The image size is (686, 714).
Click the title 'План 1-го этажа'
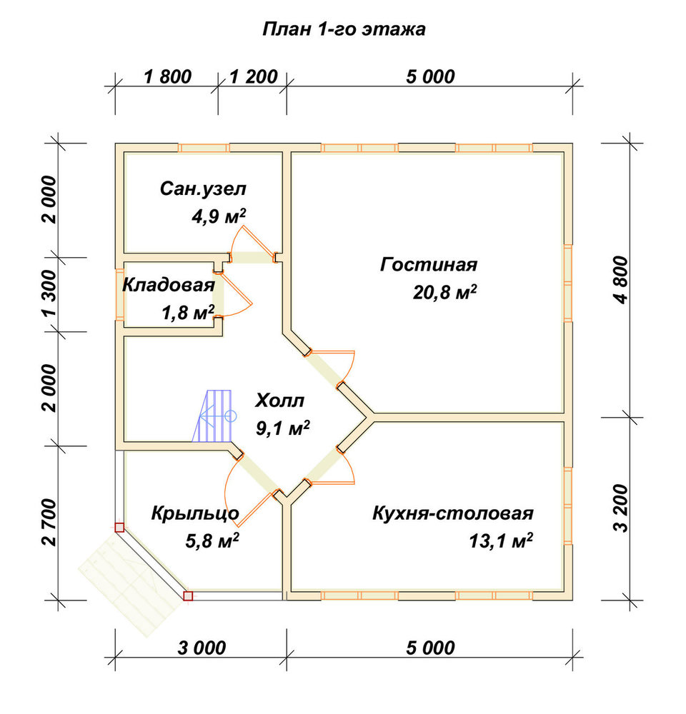(x=344, y=29)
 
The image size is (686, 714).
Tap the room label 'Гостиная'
(x=429, y=265)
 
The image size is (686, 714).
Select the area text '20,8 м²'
(x=444, y=292)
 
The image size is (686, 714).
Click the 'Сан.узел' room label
(x=203, y=189)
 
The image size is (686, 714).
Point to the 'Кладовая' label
(x=169, y=285)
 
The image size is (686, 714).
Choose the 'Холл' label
(x=279, y=401)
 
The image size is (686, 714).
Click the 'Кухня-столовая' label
(x=452, y=513)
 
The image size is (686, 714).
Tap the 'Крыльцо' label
(x=195, y=513)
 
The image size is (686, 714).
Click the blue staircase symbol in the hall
(x=214, y=416)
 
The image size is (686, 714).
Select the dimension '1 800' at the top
(x=167, y=77)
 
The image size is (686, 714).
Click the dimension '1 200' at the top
(x=254, y=77)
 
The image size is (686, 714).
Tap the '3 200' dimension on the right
(x=621, y=508)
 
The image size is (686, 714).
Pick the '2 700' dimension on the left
(x=49, y=523)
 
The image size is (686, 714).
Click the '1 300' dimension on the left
(x=49, y=293)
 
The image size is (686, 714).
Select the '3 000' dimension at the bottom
(x=202, y=648)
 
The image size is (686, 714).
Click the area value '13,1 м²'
(x=501, y=541)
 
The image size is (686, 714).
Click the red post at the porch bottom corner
(x=188, y=595)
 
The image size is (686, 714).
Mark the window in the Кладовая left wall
(x=119, y=295)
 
